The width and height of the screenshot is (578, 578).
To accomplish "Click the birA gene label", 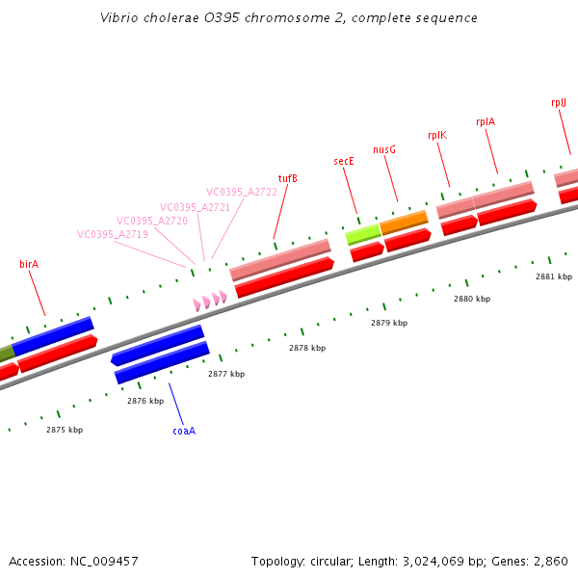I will [x=29, y=263].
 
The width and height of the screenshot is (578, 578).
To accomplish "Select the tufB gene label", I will [x=287, y=178].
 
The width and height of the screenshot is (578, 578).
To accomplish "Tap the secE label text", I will [x=344, y=161].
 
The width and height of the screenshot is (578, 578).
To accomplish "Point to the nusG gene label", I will [x=384, y=149].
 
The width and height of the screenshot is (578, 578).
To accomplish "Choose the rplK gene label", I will [x=437, y=135].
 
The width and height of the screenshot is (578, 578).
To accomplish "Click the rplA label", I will [x=486, y=122].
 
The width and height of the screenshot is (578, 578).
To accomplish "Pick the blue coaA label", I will [x=184, y=431].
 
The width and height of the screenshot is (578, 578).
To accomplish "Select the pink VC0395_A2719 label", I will [x=113, y=234].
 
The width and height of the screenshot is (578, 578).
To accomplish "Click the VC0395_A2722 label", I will [x=242, y=192].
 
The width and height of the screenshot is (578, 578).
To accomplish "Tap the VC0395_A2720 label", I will [x=152, y=221].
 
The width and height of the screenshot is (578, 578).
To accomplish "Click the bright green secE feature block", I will [x=363, y=232].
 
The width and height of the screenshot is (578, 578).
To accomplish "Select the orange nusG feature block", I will [x=404, y=223].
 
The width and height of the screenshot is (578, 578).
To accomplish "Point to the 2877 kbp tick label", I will [x=226, y=374].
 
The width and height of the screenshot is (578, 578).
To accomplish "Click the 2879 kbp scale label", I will [x=389, y=323].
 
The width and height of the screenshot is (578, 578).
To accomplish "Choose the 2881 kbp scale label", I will [x=554, y=276].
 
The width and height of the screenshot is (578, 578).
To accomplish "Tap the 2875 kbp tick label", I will [x=65, y=430].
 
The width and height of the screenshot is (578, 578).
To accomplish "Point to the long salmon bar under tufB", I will [x=280, y=259].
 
